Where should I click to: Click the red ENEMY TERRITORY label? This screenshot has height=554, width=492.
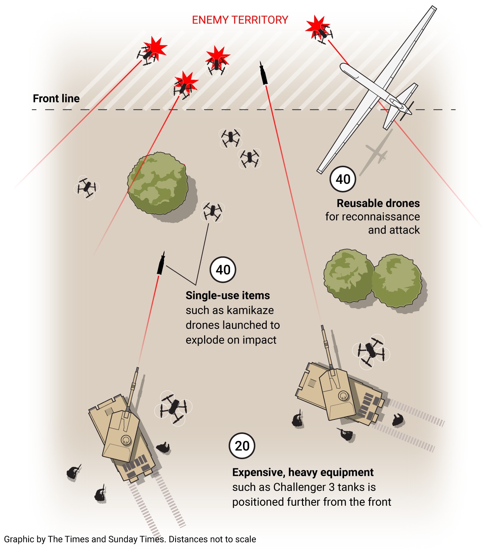pos(240,20)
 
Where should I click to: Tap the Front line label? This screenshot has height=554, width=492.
pos(56,99)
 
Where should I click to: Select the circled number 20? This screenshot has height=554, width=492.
pos(242,446)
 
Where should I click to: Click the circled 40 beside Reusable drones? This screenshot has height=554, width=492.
pos(343,179)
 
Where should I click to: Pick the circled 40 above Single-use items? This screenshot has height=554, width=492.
pos(223,270)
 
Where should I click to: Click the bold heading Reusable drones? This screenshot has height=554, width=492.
pos(378,203)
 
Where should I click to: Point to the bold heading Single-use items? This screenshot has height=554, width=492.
pos(227,296)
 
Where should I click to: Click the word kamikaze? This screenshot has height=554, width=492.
pos(250,310)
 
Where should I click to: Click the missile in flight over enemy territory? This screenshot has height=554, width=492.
pos(263,73)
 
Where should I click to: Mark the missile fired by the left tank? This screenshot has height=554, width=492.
pos(161,264)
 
